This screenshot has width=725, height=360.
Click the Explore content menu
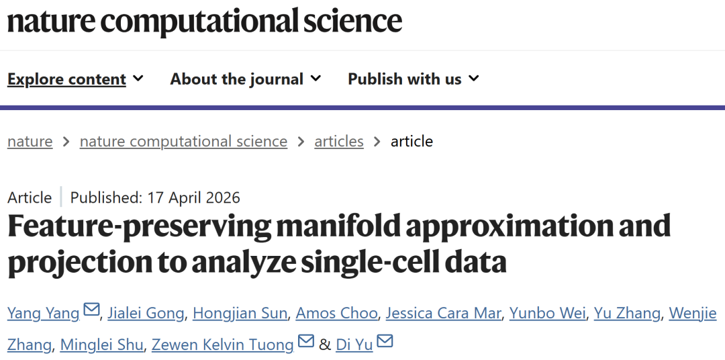(x=67, y=79)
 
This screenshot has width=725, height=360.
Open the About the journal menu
(x=237, y=79)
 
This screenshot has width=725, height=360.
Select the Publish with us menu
(x=405, y=79)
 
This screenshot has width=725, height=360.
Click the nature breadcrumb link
(x=30, y=142)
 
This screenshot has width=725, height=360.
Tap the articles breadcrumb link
(x=339, y=142)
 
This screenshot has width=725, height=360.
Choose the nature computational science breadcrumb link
(x=183, y=142)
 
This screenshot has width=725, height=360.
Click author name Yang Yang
(x=44, y=313)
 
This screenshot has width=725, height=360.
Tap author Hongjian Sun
(x=240, y=313)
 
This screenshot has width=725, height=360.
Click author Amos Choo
(x=337, y=313)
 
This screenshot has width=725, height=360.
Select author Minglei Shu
(x=101, y=345)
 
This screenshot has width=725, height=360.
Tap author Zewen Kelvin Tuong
(x=222, y=345)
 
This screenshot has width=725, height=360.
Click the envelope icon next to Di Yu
(x=385, y=343)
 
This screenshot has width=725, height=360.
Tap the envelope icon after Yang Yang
(x=91, y=310)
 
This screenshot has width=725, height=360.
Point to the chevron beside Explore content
(x=138, y=79)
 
